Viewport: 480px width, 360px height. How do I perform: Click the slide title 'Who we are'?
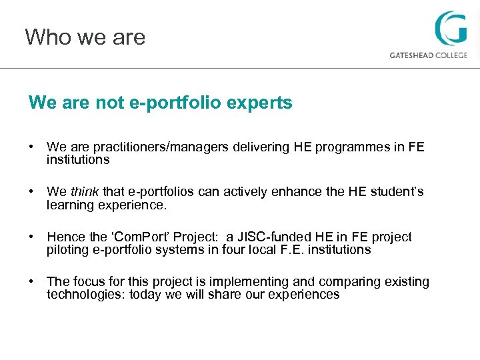tap(85, 37)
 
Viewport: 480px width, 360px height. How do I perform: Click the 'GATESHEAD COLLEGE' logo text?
tap(428, 55)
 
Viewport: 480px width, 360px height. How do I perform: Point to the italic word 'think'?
tap(85, 193)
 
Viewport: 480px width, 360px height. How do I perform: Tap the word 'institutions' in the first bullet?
tap(78, 160)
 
